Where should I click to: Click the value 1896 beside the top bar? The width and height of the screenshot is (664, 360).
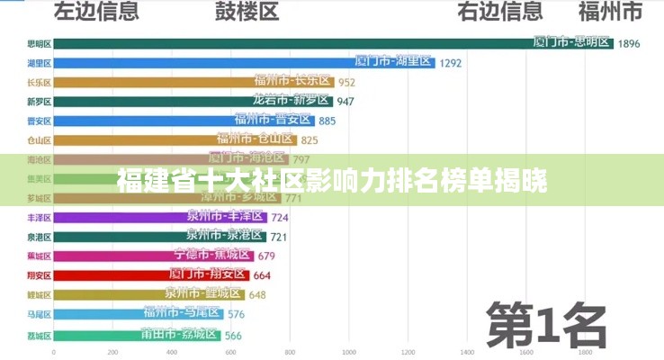(628, 43)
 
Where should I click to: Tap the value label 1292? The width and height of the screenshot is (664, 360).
(450, 63)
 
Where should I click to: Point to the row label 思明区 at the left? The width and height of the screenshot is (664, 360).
(39, 43)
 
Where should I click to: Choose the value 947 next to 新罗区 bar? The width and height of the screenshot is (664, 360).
(345, 101)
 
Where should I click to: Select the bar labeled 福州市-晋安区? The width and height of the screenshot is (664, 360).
(272, 120)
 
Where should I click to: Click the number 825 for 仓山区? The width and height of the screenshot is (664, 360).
(309, 139)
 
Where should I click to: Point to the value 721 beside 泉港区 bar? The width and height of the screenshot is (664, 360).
(279, 237)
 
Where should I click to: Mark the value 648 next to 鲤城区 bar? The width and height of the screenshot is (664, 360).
(257, 294)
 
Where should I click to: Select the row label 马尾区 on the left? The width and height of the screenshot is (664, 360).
(39, 314)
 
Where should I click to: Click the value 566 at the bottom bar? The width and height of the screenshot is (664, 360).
(233, 335)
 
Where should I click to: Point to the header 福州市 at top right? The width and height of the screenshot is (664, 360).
(609, 12)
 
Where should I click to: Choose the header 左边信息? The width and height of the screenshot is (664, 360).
(96, 12)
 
